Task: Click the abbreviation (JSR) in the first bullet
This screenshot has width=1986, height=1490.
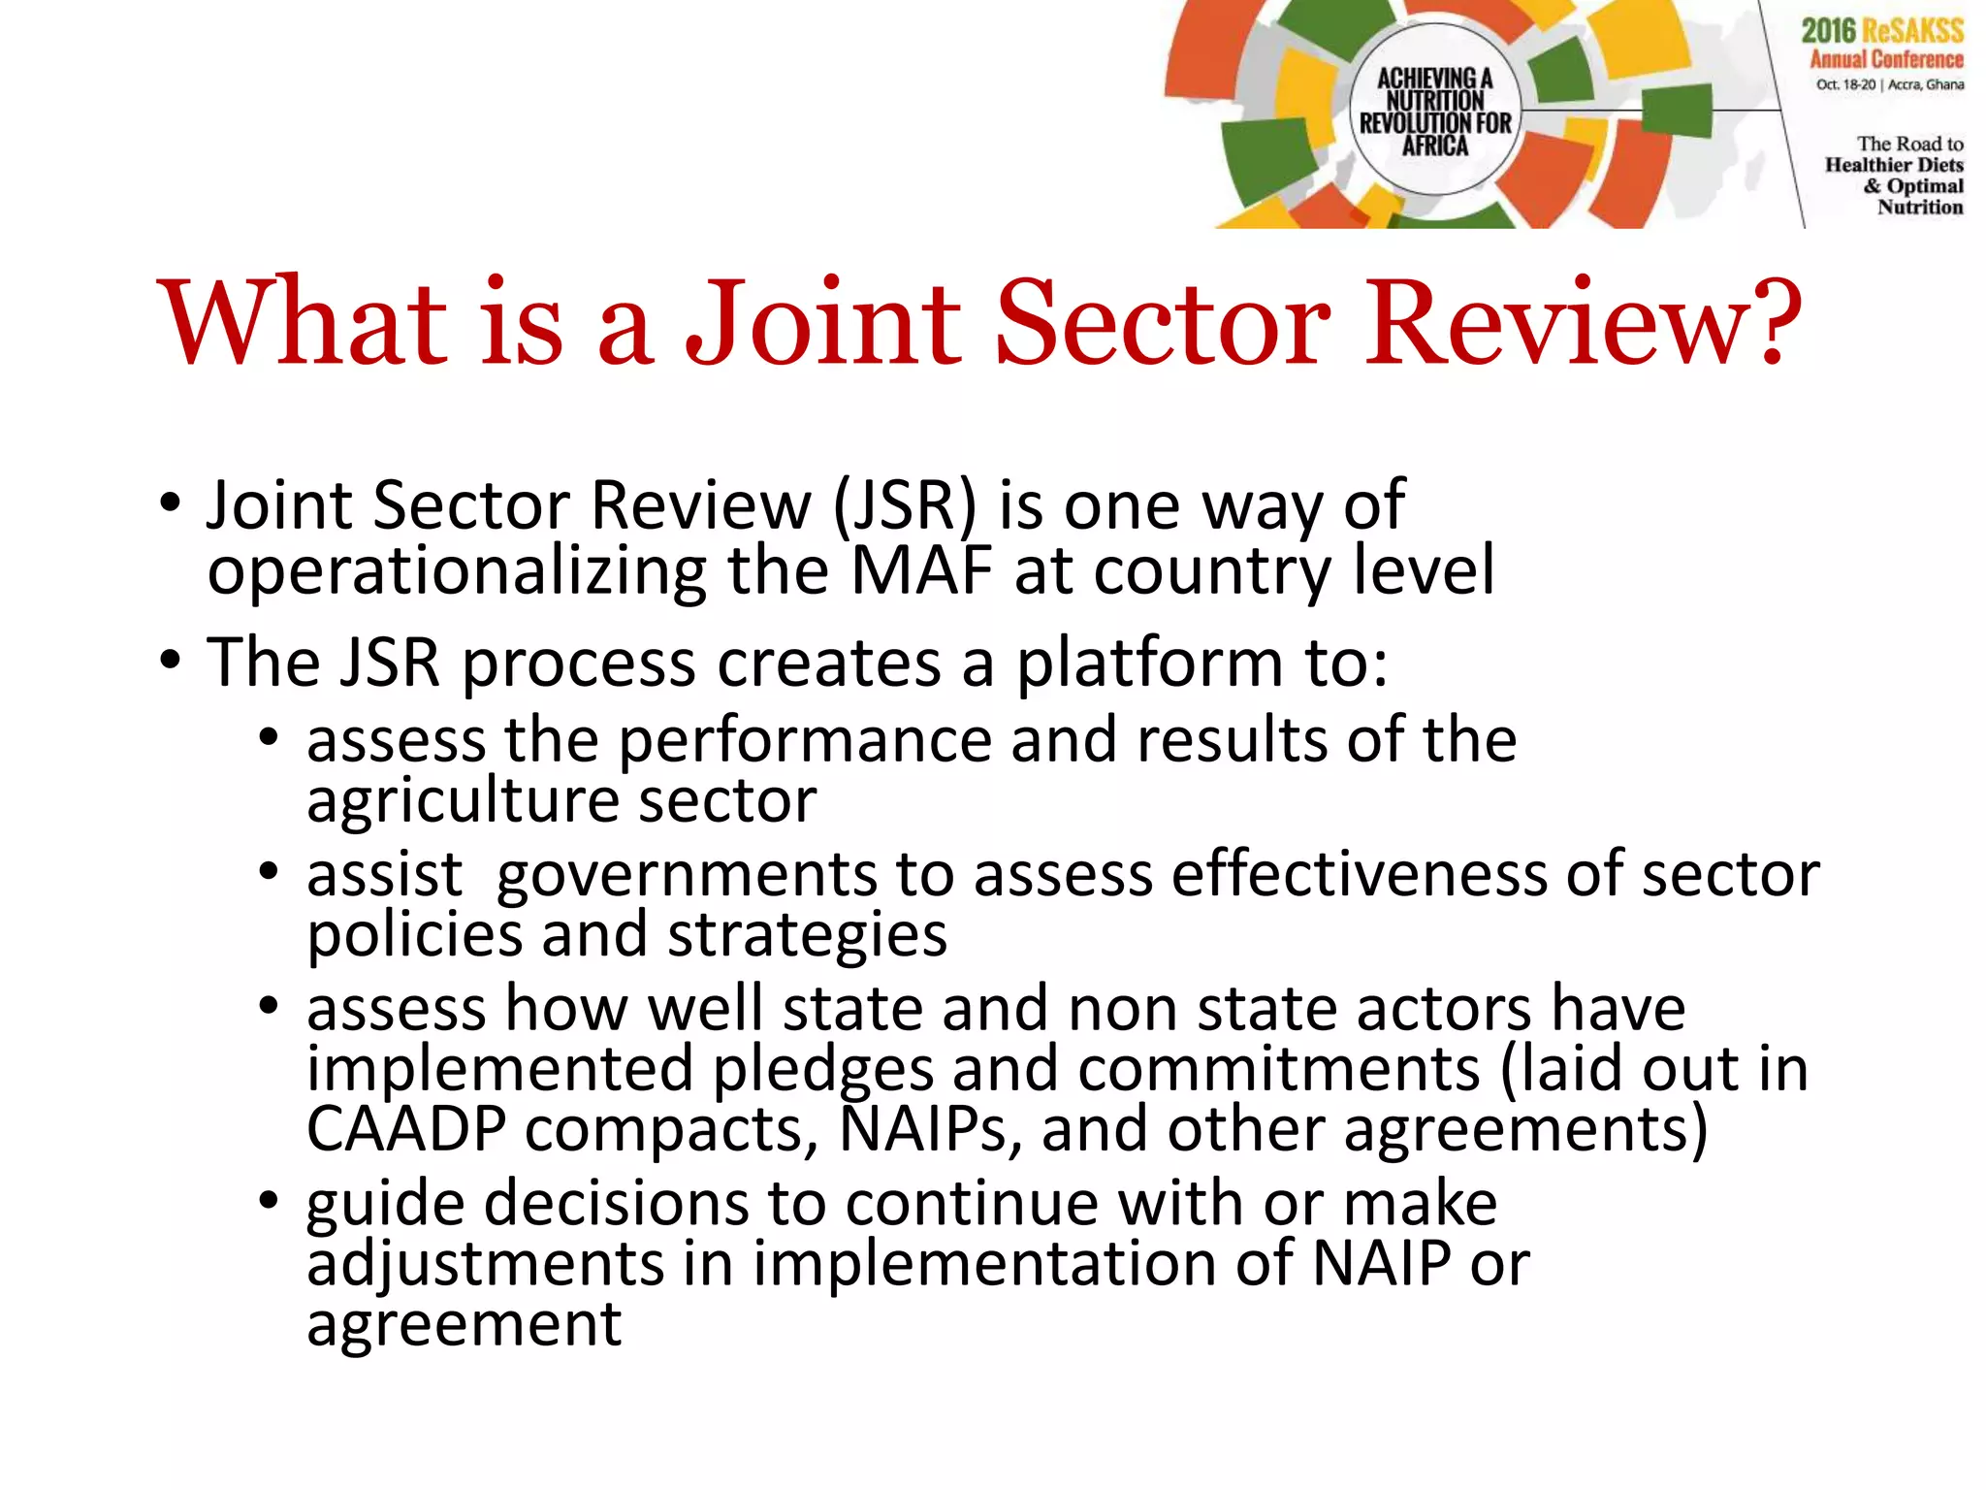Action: pyautogui.click(x=905, y=505)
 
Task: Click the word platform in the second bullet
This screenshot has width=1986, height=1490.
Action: pyautogui.click(x=1150, y=664)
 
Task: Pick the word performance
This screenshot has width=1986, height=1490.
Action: pyautogui.click(x=805, y=741)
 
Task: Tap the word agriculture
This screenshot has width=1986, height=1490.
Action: pyautogui.click(x=463, y=803)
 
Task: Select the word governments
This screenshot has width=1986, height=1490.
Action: pyautogui.click(x=687, y=875)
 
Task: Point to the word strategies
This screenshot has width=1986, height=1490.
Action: pyautogui.click(x=807, y=935)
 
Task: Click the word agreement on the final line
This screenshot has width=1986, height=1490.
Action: pyautogui.click(x=464, y=1324)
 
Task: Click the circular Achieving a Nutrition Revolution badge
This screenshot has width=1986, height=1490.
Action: pyautogui.click(x=1434, y=111)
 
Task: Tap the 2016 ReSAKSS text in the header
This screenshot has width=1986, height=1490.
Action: pyautogui.click(x=1882, y=31)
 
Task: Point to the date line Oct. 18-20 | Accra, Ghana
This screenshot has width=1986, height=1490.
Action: pyautogui.click(x=1889, y=84)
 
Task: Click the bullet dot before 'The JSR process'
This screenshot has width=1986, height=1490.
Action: pyautogui.click(x=171, y=662)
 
